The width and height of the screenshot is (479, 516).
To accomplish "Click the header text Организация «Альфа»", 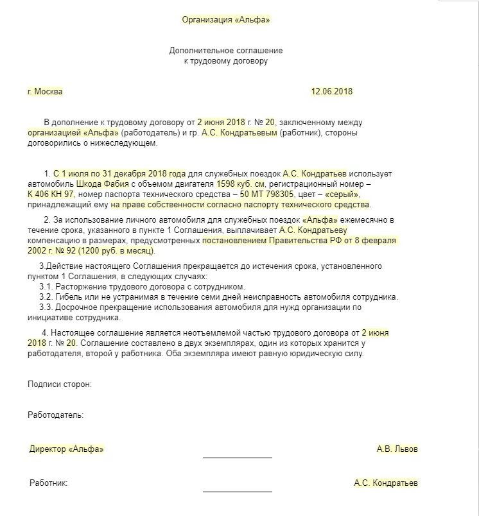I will pos(225,20).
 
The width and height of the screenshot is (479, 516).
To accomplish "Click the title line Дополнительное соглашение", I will pos(225,50).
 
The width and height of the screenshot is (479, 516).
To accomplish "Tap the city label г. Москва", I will pos(45,91).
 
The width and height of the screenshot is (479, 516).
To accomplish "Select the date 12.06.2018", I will pos(332,91).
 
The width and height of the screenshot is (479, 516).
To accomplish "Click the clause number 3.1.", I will pos(46,286).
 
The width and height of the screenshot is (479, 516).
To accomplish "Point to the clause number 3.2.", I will pos(46,297).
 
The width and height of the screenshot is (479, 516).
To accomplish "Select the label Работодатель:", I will pos(56,415).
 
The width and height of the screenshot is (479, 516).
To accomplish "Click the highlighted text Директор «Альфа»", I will pos(66,449).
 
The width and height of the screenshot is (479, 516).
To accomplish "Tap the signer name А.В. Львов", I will pos(397,449).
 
